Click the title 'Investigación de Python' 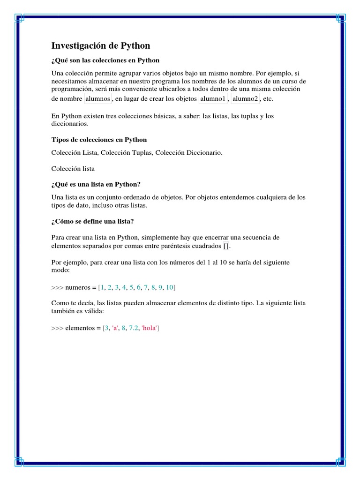(100, 46)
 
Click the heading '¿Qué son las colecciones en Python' (105, 60)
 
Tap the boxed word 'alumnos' (97, 99)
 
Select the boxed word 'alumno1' (213, 99)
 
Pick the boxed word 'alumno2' (245, 99)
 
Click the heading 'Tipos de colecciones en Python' (99, 140)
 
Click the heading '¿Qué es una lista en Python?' (96, 184)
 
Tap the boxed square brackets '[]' (227, 246)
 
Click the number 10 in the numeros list (170, 287)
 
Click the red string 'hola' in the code (150, 328)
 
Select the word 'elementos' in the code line (82, 328)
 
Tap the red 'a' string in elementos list (115, 328)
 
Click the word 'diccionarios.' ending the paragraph (69, 124)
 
